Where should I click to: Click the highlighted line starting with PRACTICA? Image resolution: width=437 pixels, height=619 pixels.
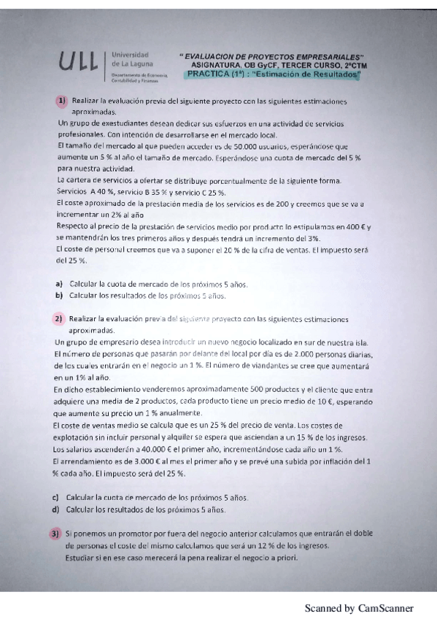[274, 74]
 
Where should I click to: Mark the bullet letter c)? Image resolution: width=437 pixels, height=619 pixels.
[55, 497]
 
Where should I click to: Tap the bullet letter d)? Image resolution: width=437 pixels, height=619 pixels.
[55, 509]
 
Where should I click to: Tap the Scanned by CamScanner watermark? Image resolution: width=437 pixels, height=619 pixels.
[358, 607]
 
